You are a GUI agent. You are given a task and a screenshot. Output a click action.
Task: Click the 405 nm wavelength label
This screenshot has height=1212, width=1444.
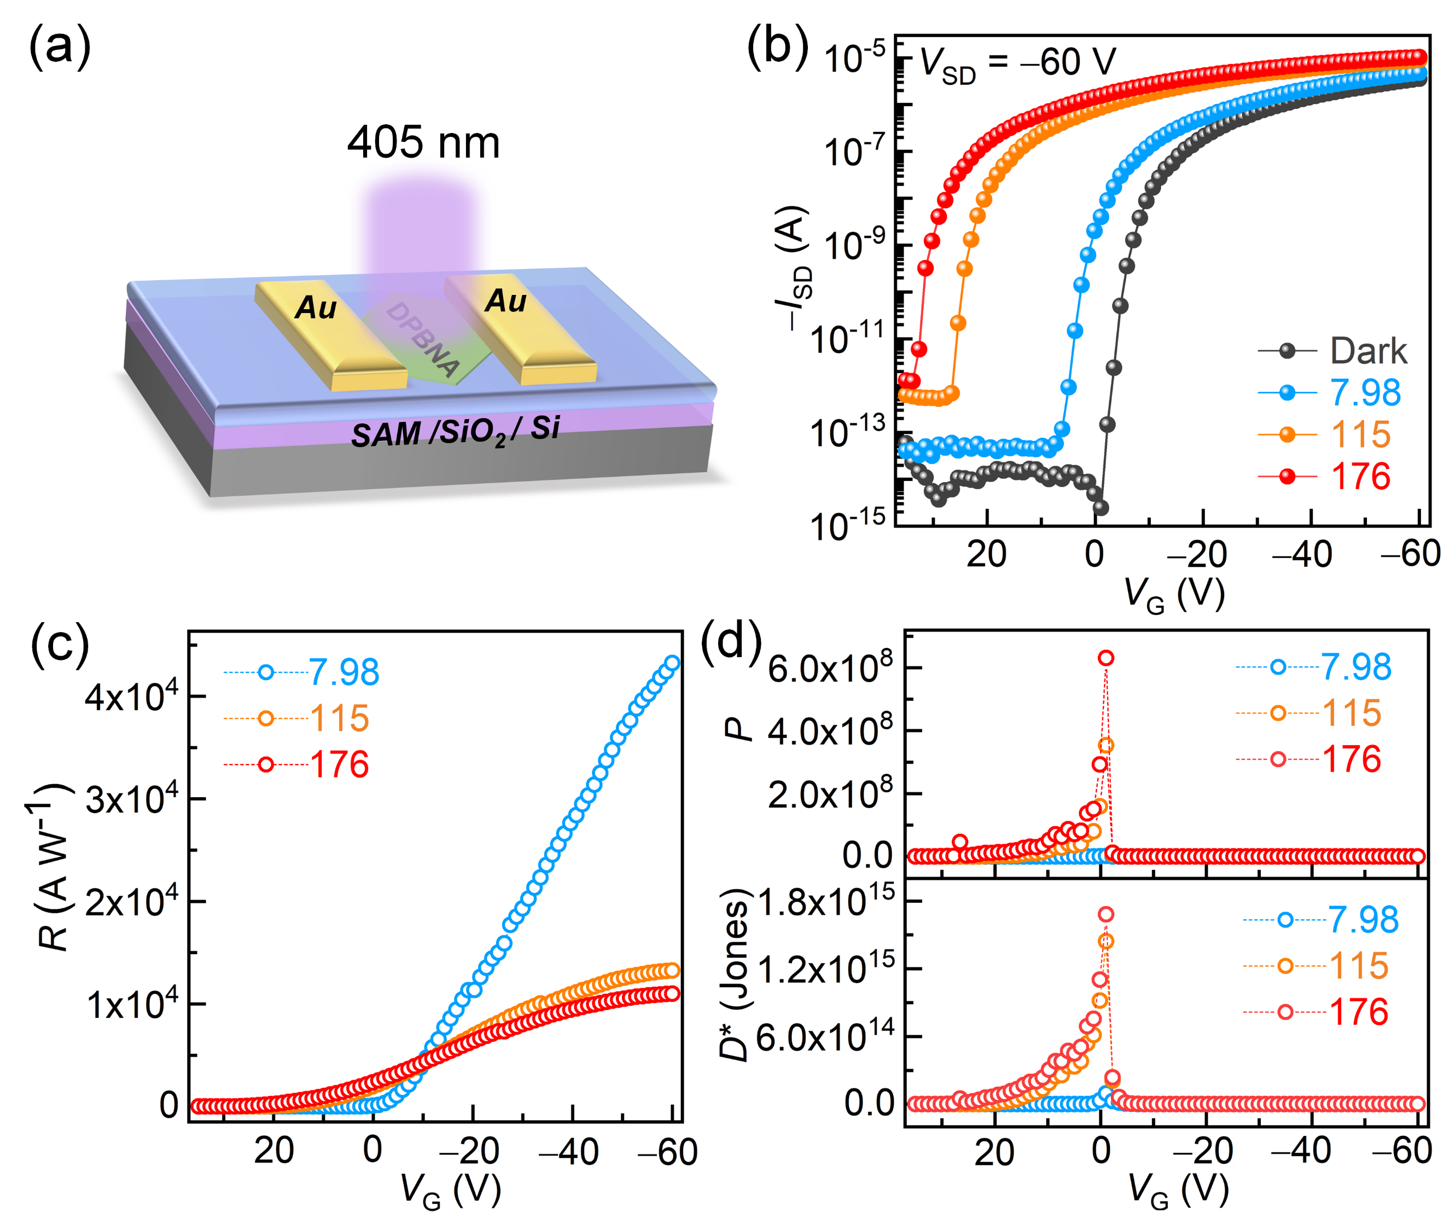pyautogui.click(x=423, y=142)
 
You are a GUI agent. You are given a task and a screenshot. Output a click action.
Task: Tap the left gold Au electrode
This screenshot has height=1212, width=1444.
pyautogui.click(x=330, y=334)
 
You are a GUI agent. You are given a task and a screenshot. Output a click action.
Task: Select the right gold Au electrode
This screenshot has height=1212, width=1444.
pyautogui.click(x=519, y=327)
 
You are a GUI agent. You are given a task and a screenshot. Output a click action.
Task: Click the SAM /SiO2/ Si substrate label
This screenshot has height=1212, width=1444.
pyautogui.click(x=455, y=432)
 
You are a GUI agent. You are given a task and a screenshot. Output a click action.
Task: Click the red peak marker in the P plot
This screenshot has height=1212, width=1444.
pyautogui.click(x=1105, y=658)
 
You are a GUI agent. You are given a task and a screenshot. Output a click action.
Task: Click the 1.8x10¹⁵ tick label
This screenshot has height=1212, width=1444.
pyautogui.click(x=826, y=901)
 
